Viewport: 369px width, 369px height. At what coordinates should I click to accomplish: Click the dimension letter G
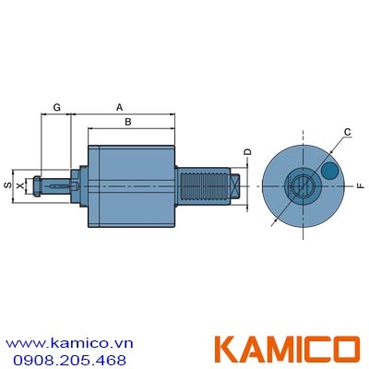point(57,108)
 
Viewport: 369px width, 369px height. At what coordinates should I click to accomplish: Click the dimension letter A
point(120,107)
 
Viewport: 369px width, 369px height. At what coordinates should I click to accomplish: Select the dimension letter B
point(128,122)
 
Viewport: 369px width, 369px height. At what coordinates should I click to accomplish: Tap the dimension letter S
point(7,186)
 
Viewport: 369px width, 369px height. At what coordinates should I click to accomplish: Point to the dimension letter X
point(20,186)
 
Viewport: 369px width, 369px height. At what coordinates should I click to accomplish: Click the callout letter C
point(346,133)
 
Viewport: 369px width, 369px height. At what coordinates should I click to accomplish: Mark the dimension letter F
point(361,187)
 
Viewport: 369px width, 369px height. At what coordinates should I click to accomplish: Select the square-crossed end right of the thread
point(238,187)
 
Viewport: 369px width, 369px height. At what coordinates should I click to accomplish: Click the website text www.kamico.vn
point(71,341)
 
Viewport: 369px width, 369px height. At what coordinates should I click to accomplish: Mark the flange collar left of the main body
point(82,187)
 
